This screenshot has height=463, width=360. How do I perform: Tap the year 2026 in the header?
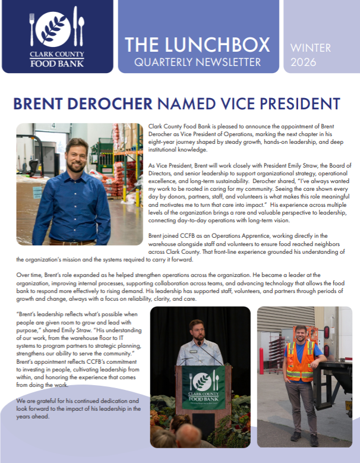click(x=304, y=61)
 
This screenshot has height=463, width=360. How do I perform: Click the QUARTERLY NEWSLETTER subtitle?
click(x=198, y=62)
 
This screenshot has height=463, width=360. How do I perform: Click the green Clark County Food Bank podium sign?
click(x=203, y=386)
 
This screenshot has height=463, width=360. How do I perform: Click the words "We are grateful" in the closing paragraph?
click(x=38, y=401)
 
